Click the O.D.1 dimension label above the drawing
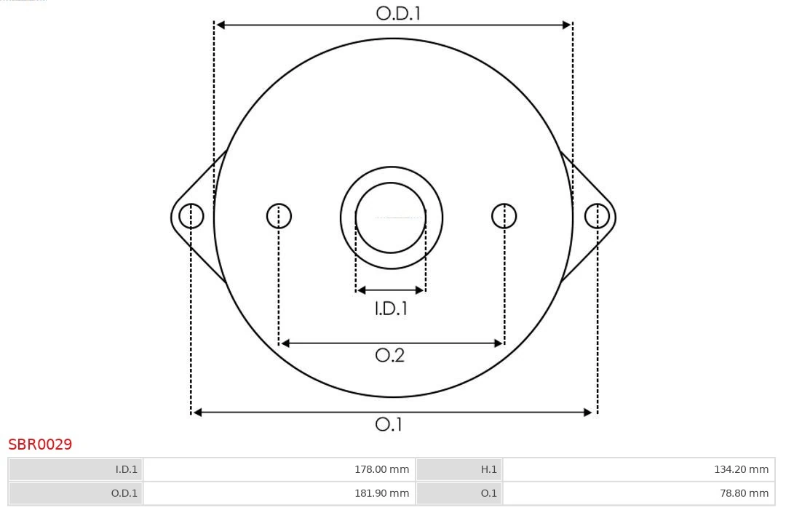[398, 14]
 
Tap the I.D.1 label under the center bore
[391, 308]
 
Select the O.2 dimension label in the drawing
[389, 355]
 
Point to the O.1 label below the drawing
[389, 424]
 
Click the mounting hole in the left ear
[191, 216]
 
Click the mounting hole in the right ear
[597, 216]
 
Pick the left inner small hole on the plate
[279, 216]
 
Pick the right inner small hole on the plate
[504, 216]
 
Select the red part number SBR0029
[40, 445]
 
